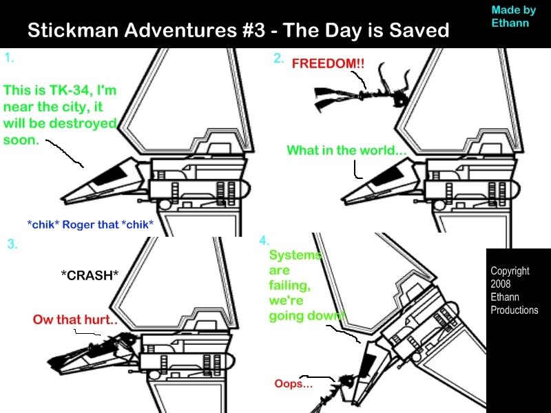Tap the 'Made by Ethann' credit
click(514, 16)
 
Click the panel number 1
click(9, 58)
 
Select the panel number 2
click(278, 59)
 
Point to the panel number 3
click(12, 244)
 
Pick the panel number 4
click(264, 240)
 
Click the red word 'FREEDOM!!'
click(328, 63)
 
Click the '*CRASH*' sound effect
click(90, 275)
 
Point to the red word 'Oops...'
click(293, 383)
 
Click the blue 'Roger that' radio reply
click(90, 224)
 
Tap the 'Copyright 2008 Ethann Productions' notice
click(514, 290)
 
